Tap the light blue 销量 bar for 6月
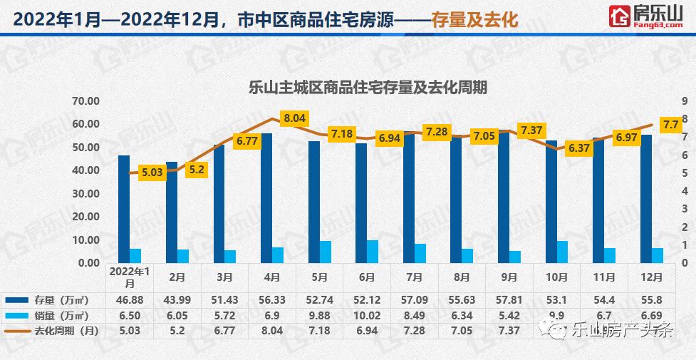[x=373, y=251]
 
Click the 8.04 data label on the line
[x=294, y=118]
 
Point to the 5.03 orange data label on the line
[x=152, y=172]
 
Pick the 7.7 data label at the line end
[x=670, y=124]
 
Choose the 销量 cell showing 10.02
[x=366, y=315]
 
